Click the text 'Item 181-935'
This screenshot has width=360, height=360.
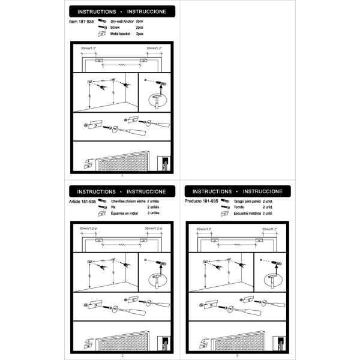[x=82, y=22]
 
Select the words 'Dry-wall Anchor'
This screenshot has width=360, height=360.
[x=122, y=22]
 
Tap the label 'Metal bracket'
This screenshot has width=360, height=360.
[x=120, y=34]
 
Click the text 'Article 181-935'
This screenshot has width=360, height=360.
[x=83, y=202]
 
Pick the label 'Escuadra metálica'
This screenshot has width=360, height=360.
[x=249, y=213]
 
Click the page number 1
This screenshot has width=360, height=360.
[x=122, y=175]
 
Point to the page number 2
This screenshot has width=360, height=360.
[x=122, y=356]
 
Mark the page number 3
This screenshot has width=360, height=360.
[x=238, y=356]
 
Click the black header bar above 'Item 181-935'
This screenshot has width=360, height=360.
[x=122, y=11]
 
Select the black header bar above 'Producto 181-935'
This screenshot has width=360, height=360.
[x=238, y=191]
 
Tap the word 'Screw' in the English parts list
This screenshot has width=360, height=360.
[x=115, y=28]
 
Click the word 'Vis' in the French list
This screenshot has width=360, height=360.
[x=113, y=208]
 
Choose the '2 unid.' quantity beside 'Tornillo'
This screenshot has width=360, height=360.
[x=268, y=208]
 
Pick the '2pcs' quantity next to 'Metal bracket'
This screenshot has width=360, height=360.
[x=139, y=34]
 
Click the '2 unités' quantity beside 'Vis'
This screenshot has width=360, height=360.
[x=153, y=208]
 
